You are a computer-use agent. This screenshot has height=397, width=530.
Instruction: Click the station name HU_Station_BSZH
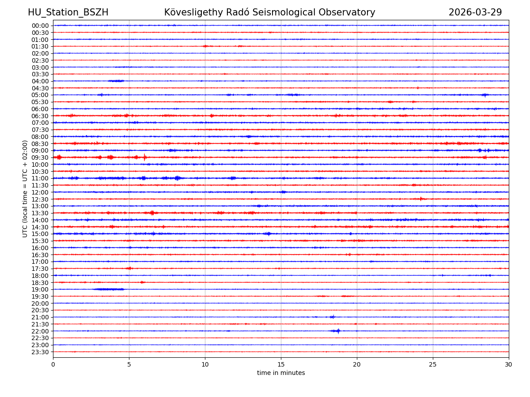point(68,13)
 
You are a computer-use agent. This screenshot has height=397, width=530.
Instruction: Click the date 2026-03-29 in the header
point(475,13)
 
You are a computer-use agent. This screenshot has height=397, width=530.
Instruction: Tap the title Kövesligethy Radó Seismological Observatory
point(269,13)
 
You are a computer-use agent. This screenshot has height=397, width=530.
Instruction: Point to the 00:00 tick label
point(40,26)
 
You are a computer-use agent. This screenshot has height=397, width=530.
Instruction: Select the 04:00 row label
point(40,81)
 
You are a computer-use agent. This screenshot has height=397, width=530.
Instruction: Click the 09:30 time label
point(40,157)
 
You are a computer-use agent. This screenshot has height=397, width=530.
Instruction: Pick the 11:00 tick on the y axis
point(40,178)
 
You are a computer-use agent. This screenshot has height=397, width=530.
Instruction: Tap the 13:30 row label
point(40,213)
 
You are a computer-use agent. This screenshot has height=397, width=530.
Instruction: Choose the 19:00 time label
point(40,289)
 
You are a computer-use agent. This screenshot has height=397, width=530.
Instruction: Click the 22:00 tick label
point(40,331)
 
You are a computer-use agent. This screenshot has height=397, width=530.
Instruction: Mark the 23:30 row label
point(40,352)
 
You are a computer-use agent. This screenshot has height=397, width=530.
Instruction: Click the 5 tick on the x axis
point(129,364)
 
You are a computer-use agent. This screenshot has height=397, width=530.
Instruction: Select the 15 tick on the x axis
point(281,364)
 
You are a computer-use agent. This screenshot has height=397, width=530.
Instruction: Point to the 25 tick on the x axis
point(433,364)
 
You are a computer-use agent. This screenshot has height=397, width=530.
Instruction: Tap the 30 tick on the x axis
point(509,364)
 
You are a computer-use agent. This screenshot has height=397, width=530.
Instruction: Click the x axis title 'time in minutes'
point(281,373)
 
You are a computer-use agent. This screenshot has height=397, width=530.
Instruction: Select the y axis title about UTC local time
point(25,188)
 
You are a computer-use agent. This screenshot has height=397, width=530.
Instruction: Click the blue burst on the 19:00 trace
point(109,289)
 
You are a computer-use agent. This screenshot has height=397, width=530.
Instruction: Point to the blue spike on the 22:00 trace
point(337,331)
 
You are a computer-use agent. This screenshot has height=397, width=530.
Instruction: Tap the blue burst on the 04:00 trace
point(116,81)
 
